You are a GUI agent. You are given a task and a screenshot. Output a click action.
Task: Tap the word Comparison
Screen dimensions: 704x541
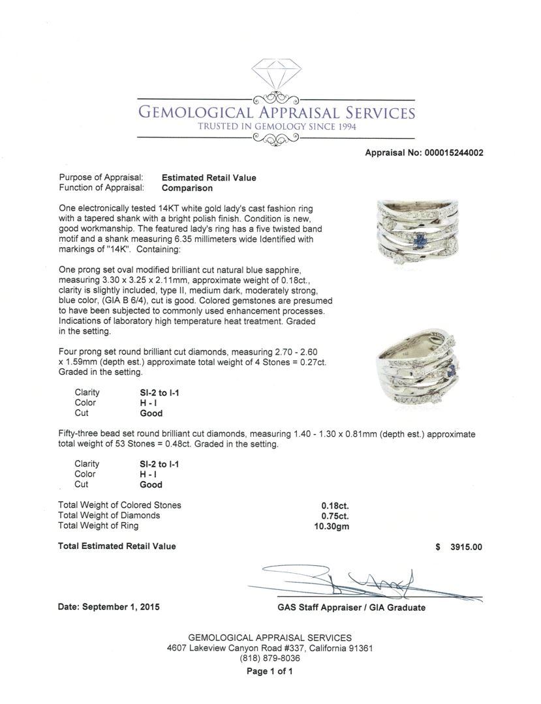[187, 188]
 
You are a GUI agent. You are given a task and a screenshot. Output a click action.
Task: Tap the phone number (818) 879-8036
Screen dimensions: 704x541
[270, 659]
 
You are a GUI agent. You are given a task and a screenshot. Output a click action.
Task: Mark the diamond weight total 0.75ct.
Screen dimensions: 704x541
[334, 516]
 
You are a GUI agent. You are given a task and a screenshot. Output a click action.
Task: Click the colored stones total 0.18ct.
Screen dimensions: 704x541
[334, 505]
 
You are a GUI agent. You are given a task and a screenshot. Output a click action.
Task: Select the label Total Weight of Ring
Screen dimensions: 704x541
[99, 526]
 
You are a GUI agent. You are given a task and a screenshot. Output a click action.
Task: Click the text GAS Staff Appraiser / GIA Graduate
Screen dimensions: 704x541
[351, 608]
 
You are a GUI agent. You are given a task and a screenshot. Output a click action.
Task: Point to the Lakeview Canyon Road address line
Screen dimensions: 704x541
[270, 649]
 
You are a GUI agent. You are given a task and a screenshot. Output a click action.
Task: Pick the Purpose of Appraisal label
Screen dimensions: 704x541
[101, 178]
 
